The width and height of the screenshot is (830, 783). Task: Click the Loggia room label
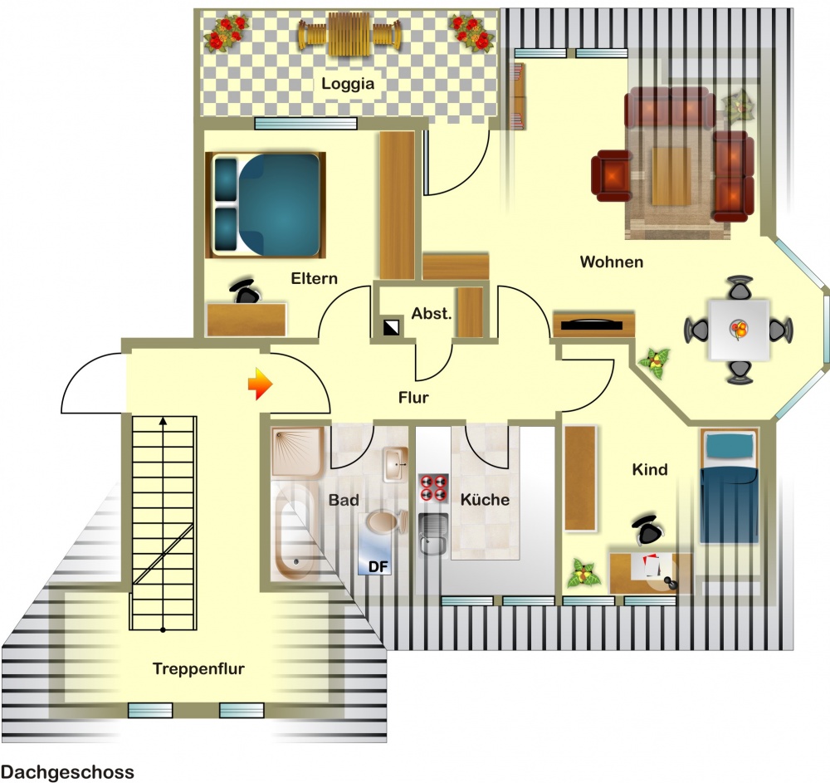click(348, 84)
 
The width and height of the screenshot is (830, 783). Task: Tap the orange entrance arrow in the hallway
click(260, 384)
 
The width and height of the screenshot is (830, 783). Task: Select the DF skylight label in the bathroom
click(378, 567)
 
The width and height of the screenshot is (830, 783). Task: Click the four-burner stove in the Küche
click(433, 487)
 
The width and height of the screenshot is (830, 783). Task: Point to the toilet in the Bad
click(386, 521)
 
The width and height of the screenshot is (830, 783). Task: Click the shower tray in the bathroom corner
click(297, 451)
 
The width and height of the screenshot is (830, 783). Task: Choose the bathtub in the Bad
click(295, 532)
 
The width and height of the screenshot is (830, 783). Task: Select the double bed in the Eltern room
click(266, 205)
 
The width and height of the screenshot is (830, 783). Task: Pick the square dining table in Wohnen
click(739, 330)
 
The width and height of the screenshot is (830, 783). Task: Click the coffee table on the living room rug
click(671, 176)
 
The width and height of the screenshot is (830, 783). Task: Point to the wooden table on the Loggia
click(347, 34)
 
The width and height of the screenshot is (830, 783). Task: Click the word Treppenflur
click(198, 668)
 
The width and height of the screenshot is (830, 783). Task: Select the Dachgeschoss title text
click(67, 772)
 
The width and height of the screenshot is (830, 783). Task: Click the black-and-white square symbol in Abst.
click(392, 328)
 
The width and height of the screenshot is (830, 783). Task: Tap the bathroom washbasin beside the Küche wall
click(395, 464)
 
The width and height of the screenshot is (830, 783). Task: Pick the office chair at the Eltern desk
click(245, 291)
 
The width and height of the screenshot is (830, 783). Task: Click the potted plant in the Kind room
click(584, 574)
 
